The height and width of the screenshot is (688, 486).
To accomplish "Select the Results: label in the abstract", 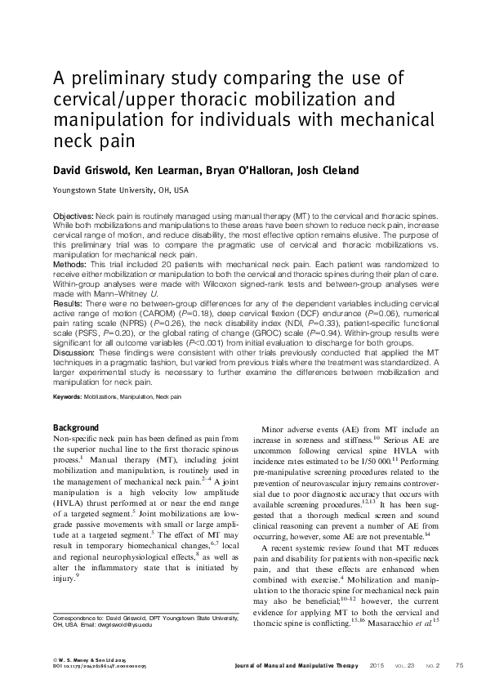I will point(69,303).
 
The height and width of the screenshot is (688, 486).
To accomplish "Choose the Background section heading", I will point(76,429).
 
